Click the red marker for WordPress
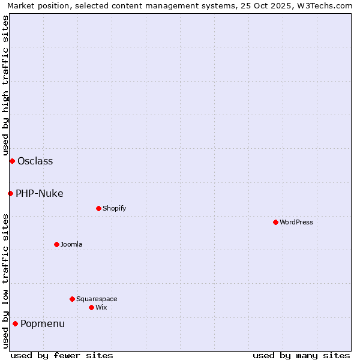click(x=275, y=222)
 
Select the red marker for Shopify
click(x=98, y=208)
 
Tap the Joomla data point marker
click(x=56, y=244)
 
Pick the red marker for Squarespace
click(x=72, y=299)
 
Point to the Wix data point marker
click(x=91, y=307)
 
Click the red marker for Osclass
click(x=12, y=161)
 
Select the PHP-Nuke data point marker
click(x=10, y=193)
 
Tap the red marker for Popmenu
click(x=15, y=324)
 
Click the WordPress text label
click(x=296, y=222)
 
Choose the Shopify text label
click(x=114, y=208)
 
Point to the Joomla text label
click(x=71, y=244)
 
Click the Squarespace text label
click(x=97, y=299)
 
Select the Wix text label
click(x=101, y=307)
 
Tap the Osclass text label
click(x=35, y=161)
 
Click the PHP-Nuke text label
click(x=40, y=193)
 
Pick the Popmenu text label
click(x=43, y=324)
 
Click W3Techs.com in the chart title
click(x=322, y=5)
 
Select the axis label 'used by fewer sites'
click(x=62, y=355)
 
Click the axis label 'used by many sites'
click(x=301, y=355)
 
